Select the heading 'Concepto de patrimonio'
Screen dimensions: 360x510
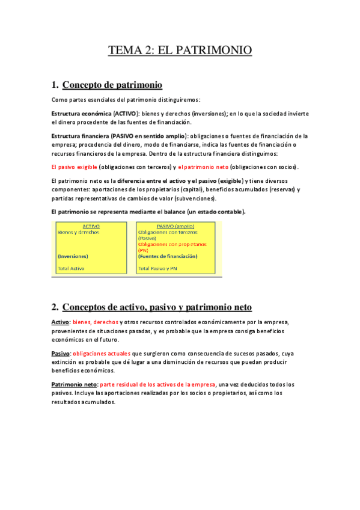112,85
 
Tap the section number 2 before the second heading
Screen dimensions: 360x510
55,307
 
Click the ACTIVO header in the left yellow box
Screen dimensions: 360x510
91,226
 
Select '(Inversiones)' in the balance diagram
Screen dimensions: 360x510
73,256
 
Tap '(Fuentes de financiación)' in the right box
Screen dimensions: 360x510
168,256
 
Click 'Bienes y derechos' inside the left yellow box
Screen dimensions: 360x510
79,232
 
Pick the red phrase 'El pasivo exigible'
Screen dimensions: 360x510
74,167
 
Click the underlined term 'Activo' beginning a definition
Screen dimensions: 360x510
60,322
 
